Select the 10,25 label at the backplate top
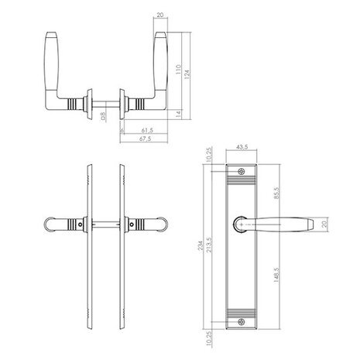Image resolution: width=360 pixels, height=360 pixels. pyautogui.click(x=211, y=157)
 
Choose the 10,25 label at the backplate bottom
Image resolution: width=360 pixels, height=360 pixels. pyautogui.click(x=211, y=338)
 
